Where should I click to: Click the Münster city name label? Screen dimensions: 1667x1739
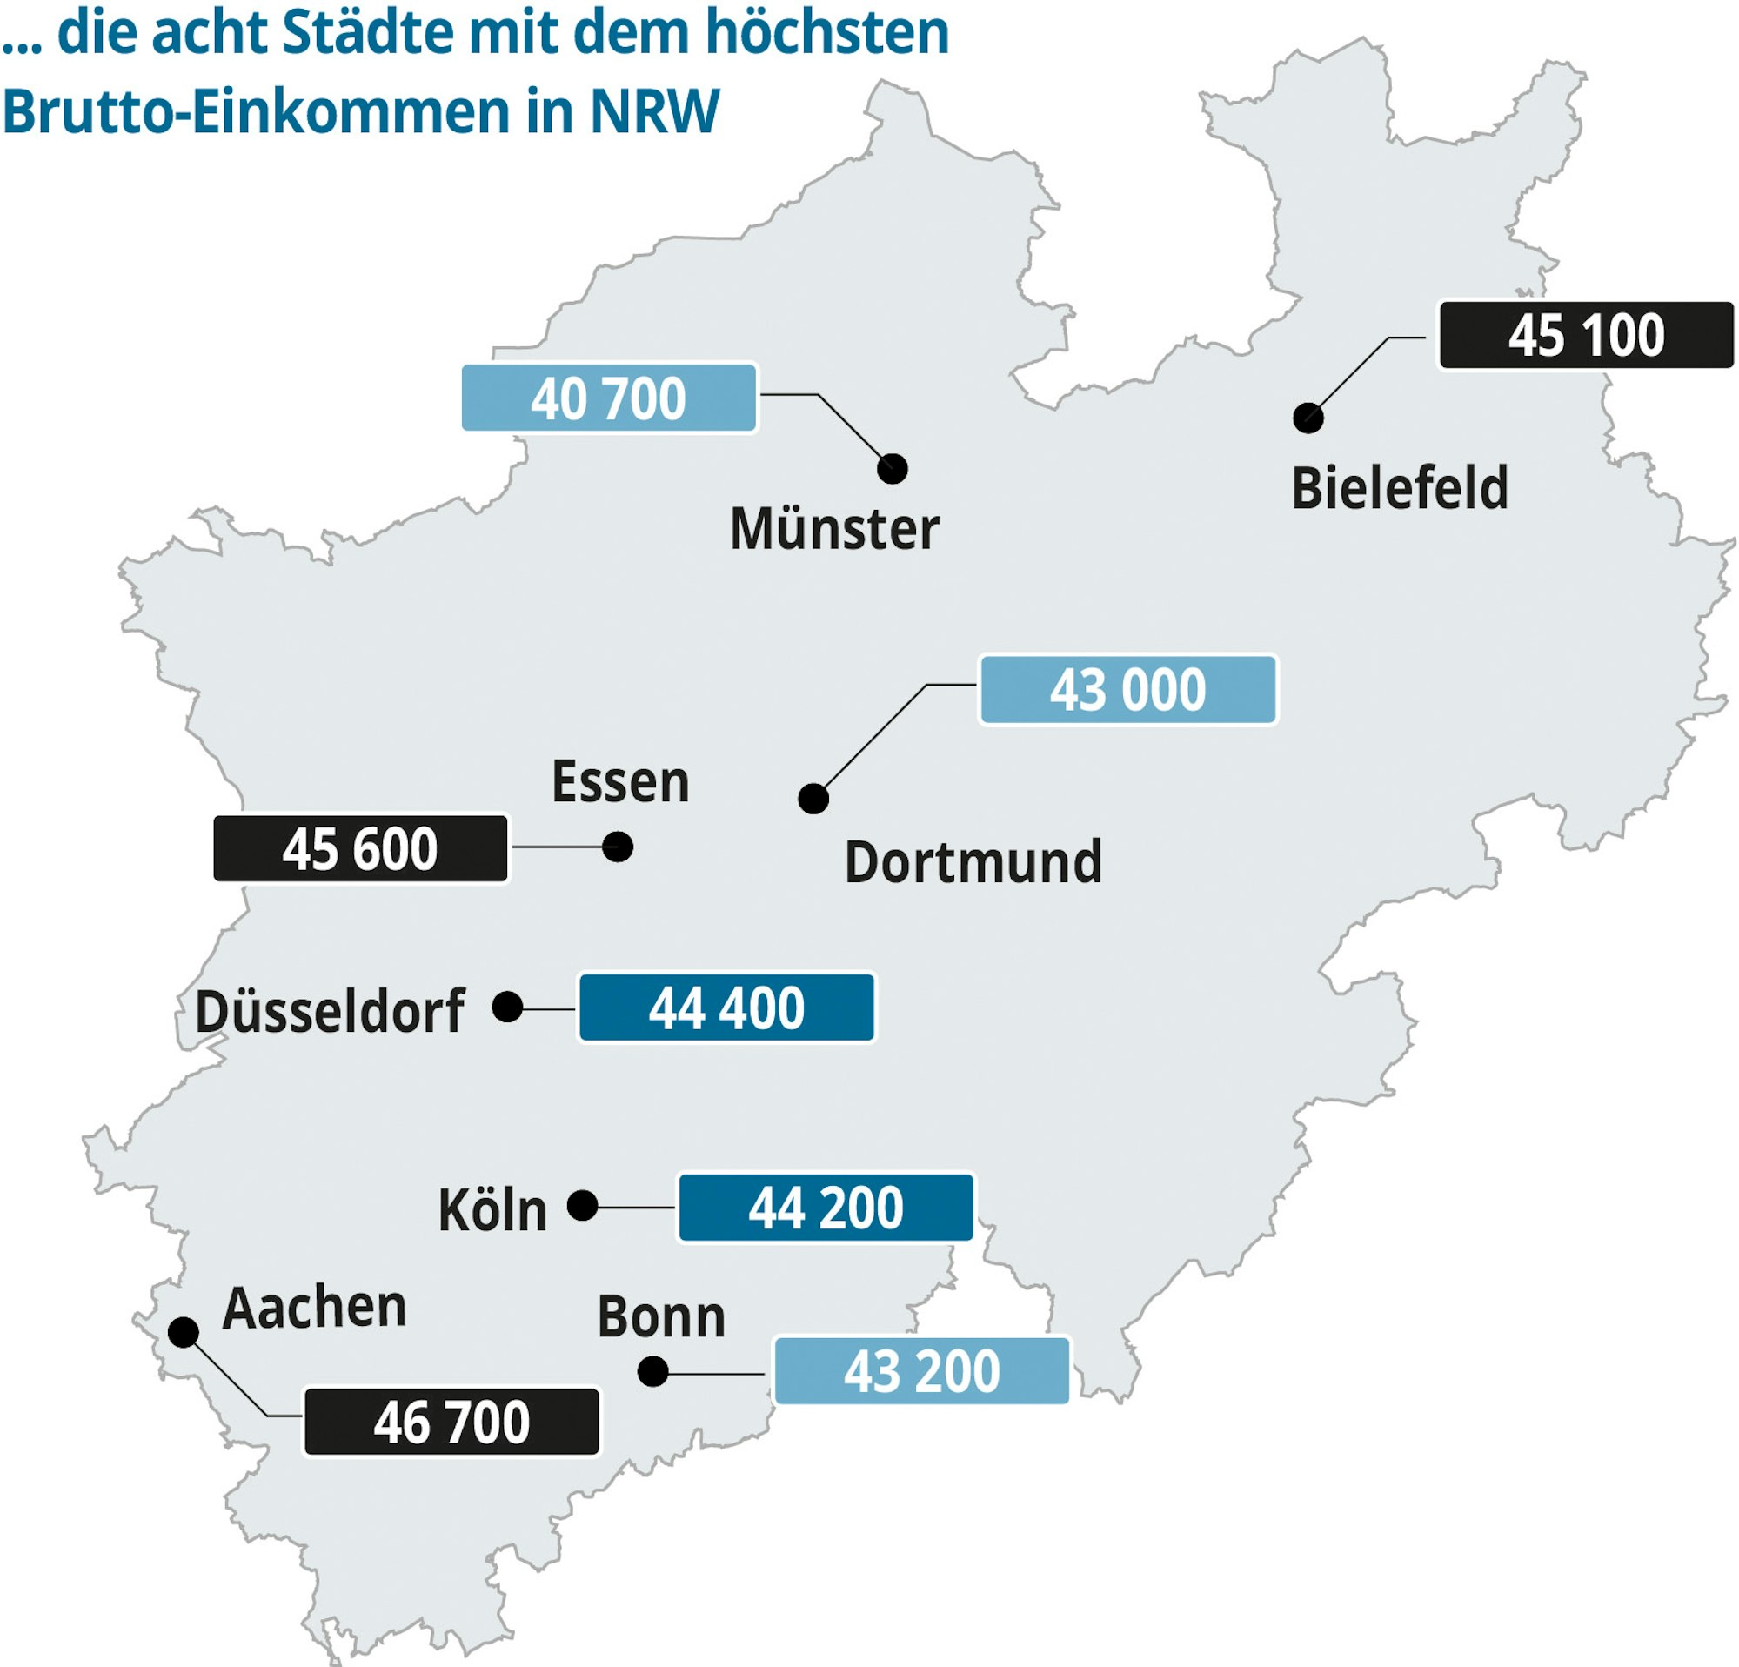[x=834, y=529]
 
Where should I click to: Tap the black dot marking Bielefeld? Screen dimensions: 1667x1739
[x=1308, y=417]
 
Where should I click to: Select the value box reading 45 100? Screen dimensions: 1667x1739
[x=1586, y=335]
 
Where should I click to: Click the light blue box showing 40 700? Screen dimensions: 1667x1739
[x=609, y=398]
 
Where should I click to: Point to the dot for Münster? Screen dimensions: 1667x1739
[x=892, y=468]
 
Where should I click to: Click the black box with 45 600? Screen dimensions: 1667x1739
[x=360, y=848]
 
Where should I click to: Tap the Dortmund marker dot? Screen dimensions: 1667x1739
[x=813, y=799]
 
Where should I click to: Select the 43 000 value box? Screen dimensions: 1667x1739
[x=1127, y=689]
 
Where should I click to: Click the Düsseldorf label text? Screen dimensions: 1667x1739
[x=330, y=1010]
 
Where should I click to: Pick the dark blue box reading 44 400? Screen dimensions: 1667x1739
[x=726, y=1008]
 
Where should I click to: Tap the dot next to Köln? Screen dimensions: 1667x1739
[x=582, y=1206]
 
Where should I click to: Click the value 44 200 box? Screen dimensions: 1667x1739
[x=826, y=1208]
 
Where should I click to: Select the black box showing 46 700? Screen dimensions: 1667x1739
[x=451, y=1423]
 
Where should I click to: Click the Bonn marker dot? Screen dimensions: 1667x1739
[x=652, y=1371]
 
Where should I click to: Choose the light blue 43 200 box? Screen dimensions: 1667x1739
[x=921, y=1370]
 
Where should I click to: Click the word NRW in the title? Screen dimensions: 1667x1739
[x=655, y=111]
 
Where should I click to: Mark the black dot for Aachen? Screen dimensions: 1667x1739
[x=183, y=1332]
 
